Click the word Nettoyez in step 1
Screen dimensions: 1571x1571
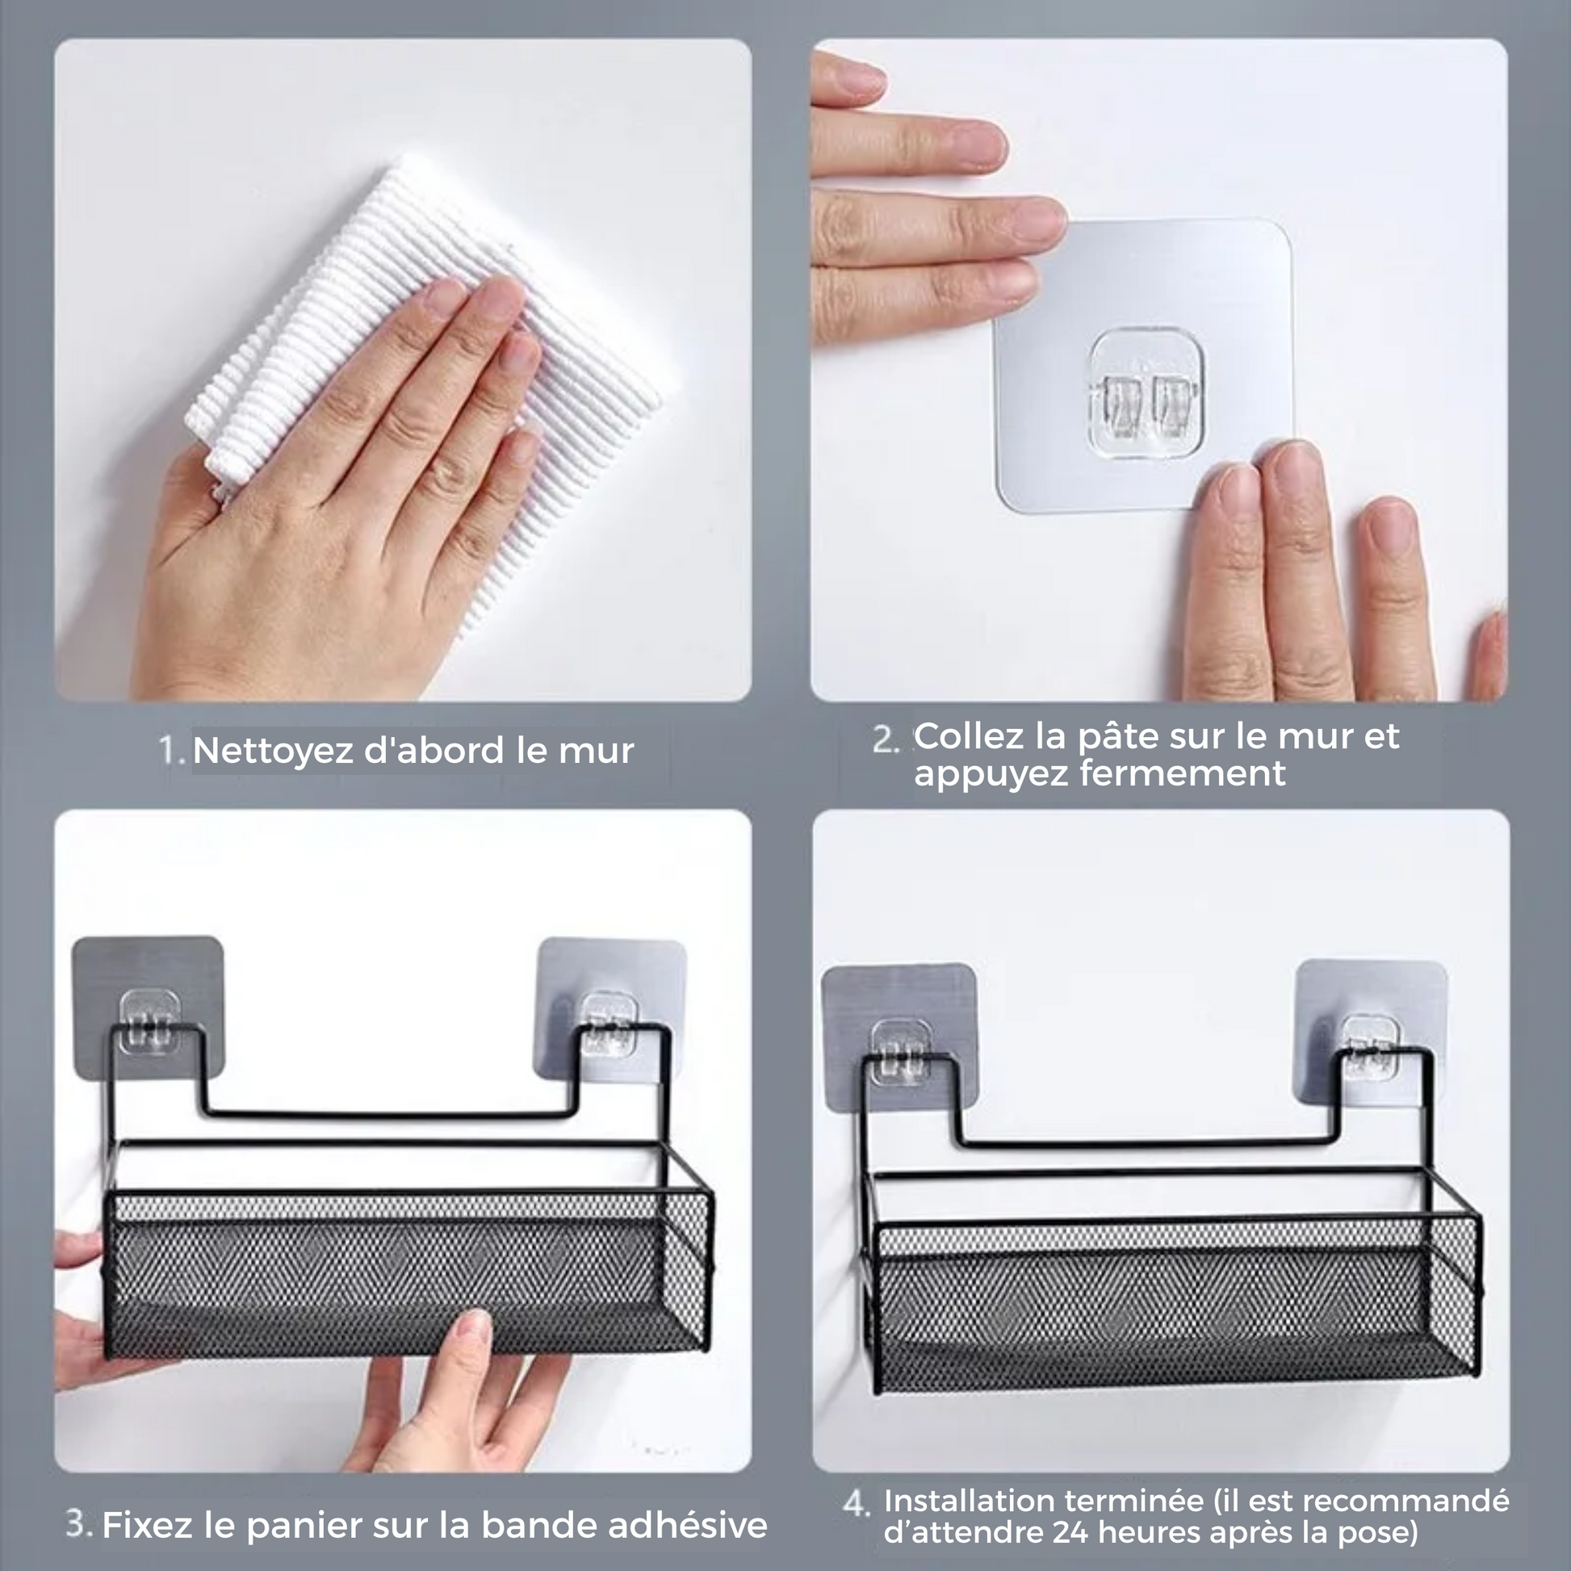tap(273, 750)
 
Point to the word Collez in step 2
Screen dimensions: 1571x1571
tap(971, 736)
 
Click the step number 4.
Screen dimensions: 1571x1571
tap(857, 1503)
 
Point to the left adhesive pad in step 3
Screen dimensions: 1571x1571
tap(147, 1008)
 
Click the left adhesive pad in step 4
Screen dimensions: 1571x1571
tap(899, 1037)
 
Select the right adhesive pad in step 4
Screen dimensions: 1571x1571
tap(1371, 1032)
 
